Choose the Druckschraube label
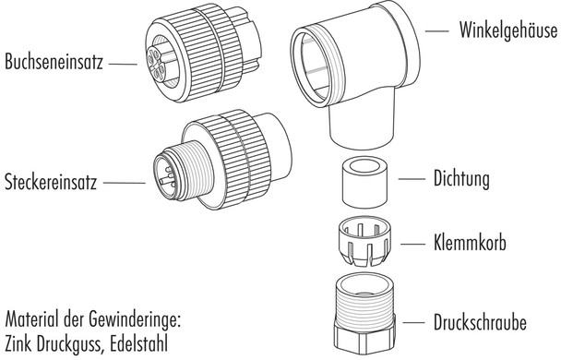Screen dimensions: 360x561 [x=480, y=324]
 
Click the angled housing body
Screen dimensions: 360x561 [x=355, y=83]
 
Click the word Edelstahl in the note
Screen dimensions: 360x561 [x=141, y=344]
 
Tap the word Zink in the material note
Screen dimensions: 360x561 [x=21, y=344]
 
